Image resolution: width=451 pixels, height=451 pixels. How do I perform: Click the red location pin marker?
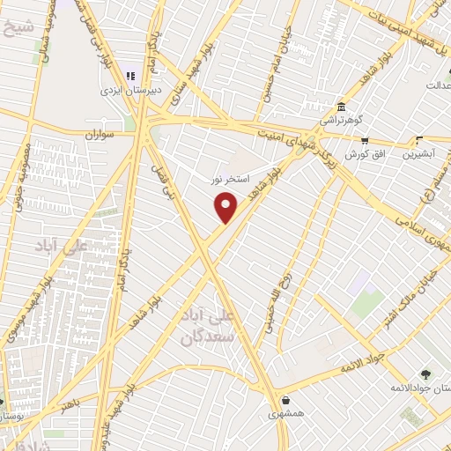226,208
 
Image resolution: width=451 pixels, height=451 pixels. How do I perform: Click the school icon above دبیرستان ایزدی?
132,77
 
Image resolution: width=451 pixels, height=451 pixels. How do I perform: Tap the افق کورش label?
361,154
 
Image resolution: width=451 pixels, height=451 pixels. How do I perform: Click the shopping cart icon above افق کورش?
364,140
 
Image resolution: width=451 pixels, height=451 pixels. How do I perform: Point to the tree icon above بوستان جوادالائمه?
425,373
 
